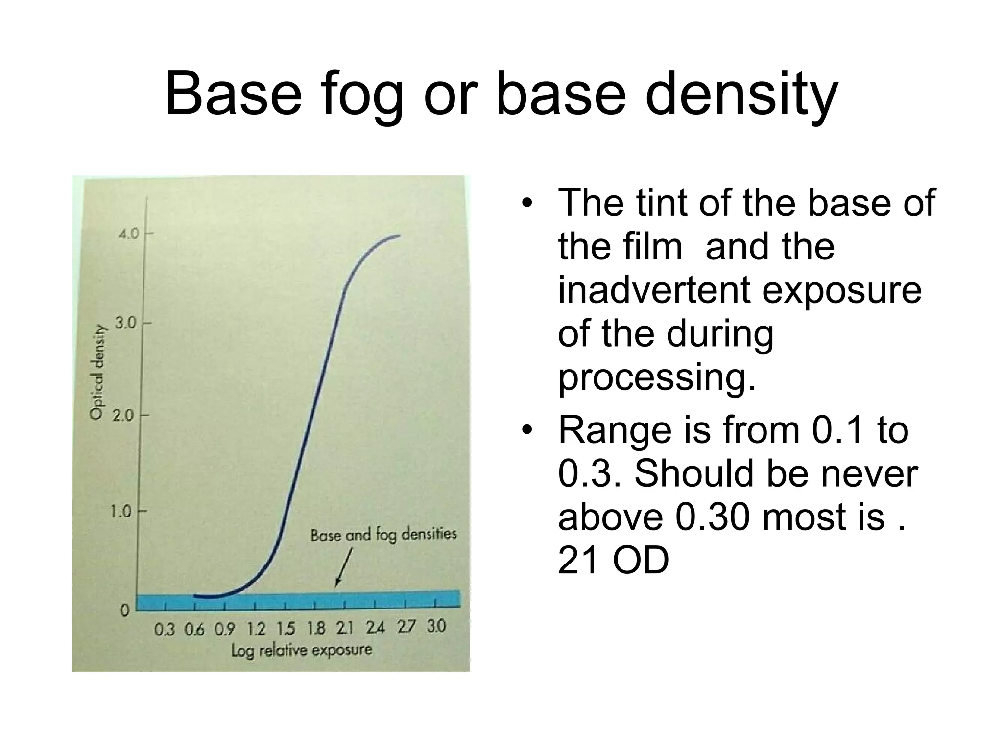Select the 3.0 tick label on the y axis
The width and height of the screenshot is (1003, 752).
pos(126,323)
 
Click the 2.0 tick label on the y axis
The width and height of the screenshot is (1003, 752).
pos(123,416)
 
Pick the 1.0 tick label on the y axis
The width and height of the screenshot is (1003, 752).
pos(120,512)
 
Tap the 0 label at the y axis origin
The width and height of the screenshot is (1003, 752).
pos(125,611)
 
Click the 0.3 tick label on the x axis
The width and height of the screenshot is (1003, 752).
pos(165,629)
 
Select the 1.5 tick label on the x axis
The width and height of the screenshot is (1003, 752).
pos(286,628)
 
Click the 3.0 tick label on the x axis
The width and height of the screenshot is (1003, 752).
pos(436,626)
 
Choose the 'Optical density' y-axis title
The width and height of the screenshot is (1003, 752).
pos(97,372)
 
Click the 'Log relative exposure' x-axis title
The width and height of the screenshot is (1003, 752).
pos(301,651)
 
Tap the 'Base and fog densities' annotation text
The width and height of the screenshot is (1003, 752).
pos(383,534)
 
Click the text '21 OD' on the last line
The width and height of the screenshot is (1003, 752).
pos(613,561)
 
